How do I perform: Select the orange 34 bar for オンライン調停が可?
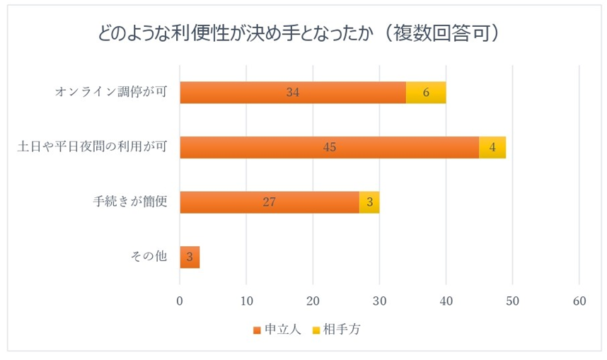293,93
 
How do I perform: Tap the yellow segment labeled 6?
426,93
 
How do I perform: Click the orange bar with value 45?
329,147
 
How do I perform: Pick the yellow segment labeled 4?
492,147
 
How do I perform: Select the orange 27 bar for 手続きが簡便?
269,202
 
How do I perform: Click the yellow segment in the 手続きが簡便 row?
369,202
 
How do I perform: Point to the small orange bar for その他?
190,257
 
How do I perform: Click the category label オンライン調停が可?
111,93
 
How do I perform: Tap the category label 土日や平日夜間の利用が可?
92,147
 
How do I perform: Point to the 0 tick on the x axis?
180,301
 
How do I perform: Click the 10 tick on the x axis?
246,301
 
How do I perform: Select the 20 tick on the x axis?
313,301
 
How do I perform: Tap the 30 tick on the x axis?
379,301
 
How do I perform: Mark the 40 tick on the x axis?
446,301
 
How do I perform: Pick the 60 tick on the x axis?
579,301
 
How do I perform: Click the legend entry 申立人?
277,329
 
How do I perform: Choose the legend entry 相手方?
340,329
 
